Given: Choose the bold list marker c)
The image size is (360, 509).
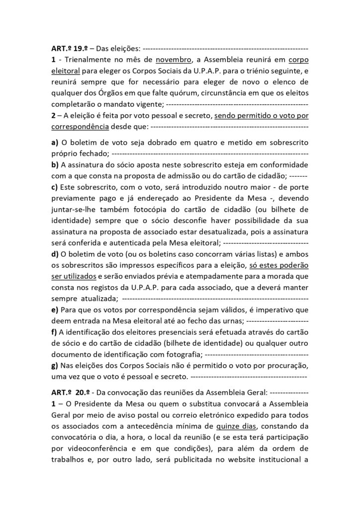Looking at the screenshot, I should click(55, 186).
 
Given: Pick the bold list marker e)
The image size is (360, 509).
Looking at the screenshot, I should click(55, 309).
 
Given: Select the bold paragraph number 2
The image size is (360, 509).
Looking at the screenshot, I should click(54, 115).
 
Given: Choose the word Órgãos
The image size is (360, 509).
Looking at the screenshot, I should click(116, 93).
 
